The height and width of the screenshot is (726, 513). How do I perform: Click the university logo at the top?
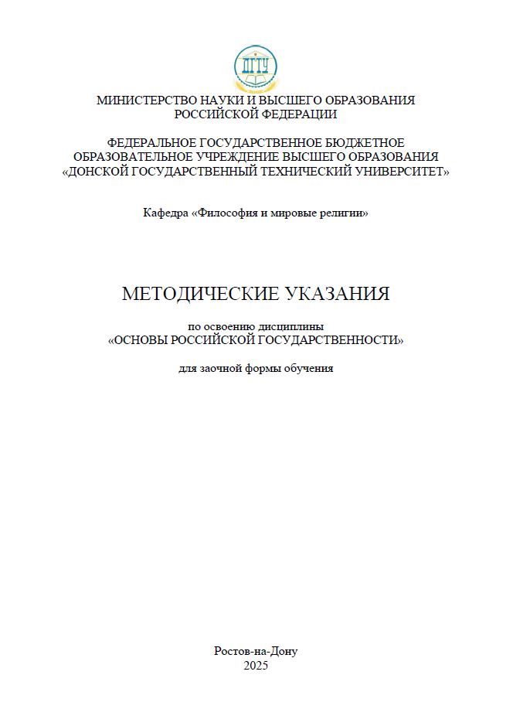256,68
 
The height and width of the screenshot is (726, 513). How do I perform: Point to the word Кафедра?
165,213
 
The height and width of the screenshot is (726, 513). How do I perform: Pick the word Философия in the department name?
227,213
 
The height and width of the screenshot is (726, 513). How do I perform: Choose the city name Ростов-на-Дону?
256,651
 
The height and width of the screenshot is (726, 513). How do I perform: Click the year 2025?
256,665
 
